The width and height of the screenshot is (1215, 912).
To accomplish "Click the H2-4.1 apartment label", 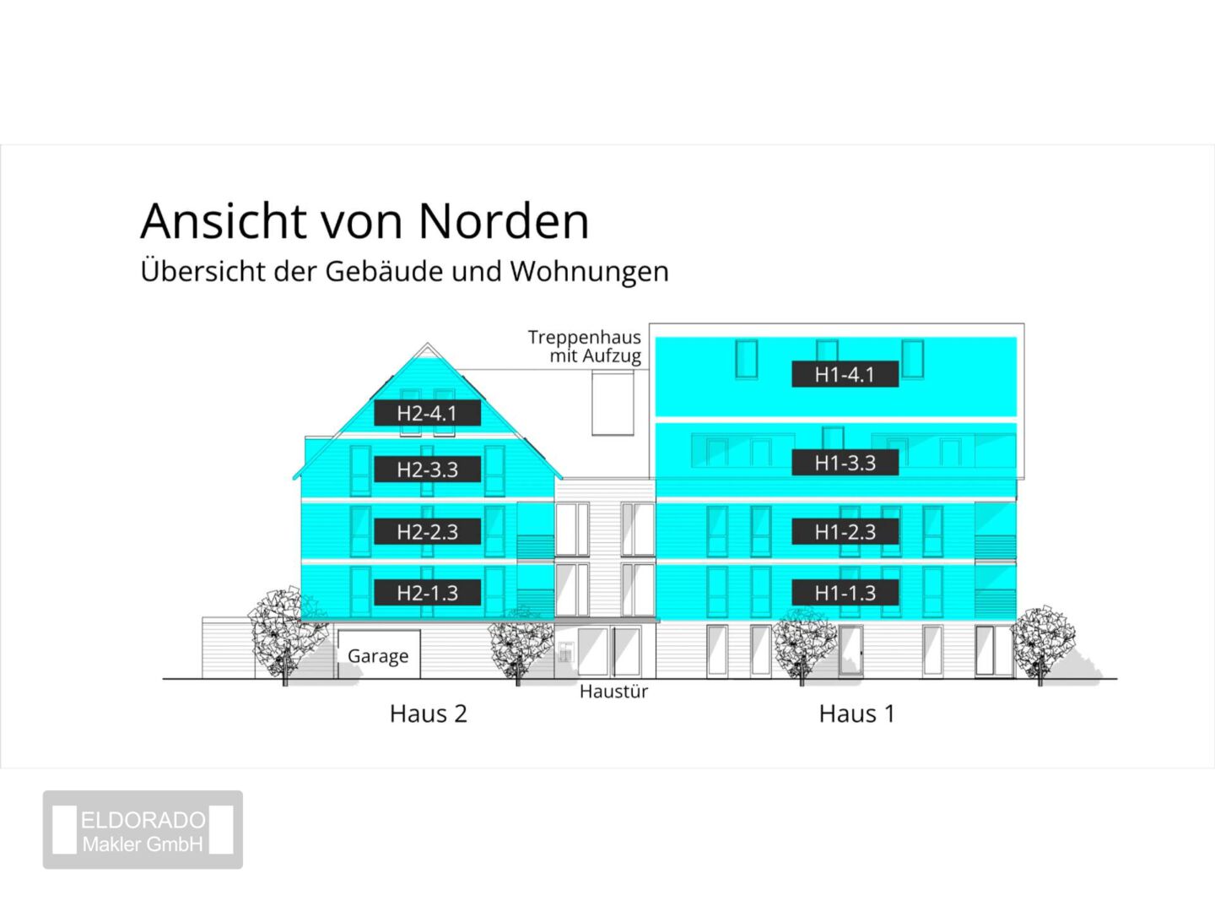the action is [x=427, y=413].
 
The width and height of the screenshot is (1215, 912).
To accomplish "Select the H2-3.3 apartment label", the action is [x=427, y=470].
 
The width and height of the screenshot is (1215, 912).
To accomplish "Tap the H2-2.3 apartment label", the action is [x=427, y=532].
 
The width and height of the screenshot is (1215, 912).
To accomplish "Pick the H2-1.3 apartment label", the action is [x=427, y=593].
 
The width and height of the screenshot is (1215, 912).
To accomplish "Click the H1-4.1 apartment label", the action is [x=845, y=374].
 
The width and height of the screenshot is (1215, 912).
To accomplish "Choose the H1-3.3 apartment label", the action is [x=845, y=463].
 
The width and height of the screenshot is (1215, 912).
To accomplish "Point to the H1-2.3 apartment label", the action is [x=845, y=532].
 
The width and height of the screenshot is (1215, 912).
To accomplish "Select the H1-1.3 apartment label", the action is [x=845, y=593].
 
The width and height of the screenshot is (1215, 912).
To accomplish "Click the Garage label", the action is [x=378, y=656].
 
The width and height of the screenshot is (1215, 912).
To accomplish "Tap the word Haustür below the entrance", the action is [x=613, y=692].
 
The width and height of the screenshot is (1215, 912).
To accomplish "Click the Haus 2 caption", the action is [x=429, y=714].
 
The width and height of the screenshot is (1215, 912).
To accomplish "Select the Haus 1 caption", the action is [x=857, y=714].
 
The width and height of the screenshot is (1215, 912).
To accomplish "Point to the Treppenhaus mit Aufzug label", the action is [x=585, y=346].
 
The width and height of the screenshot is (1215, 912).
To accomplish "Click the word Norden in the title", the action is [x=503, y=221].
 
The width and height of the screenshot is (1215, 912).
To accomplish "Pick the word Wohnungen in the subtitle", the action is [x=590, y=272].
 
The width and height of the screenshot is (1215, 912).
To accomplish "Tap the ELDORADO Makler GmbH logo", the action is [x=143, y=829].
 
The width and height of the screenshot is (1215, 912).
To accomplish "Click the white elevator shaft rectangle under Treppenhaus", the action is [x=613, y=403].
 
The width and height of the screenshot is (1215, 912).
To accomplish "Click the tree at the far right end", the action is [x=1042, y=644].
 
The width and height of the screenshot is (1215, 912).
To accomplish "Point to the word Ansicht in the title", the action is [x=224, y=221].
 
